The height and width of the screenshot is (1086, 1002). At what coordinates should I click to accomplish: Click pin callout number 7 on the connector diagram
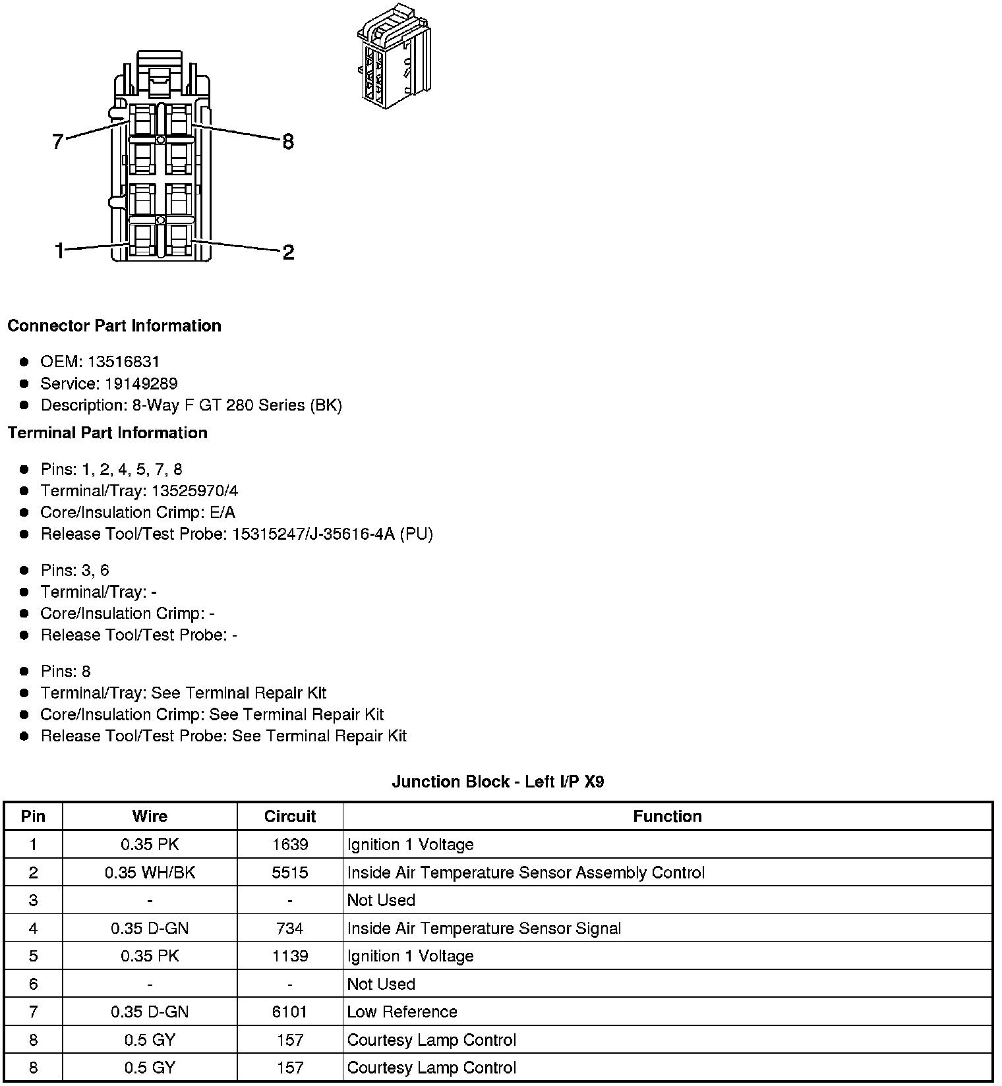pos(58,141)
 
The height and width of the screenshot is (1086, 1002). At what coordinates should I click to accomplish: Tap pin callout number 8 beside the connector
pos(288,141)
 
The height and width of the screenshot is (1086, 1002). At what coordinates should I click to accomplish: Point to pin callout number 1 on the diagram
pos(59,251)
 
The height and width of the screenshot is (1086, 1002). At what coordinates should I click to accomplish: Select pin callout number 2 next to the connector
pos(288,252)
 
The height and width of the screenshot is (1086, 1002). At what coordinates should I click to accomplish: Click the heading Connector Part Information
pos(114,326)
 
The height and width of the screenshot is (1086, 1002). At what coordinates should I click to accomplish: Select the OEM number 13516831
pos(123,362)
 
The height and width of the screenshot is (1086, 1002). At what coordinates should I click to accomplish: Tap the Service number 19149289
pos(141,384)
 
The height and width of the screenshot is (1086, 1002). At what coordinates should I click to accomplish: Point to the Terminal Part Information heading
pos(107,432)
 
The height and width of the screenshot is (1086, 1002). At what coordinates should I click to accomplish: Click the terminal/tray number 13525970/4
pos(194,491)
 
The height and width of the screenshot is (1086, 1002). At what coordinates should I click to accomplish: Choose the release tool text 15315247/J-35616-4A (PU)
pos(332,534)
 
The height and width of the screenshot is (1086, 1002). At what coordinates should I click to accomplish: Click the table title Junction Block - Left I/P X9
pos(498,782)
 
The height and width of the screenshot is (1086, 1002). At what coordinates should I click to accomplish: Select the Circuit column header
pos(290,816)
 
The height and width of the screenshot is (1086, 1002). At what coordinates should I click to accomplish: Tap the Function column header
pos(667,816)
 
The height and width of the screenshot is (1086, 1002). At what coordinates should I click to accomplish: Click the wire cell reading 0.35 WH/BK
pos(150,872)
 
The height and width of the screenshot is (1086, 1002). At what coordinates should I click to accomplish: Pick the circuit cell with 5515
pos(290,872)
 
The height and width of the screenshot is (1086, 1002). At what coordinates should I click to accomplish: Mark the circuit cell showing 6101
pos(290,1012)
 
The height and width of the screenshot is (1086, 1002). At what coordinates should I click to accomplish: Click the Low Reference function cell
pos(402,1012)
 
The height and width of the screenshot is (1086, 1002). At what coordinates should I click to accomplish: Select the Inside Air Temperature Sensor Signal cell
pos(484,929)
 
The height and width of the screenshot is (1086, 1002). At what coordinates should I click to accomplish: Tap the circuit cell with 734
pos(290,929)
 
